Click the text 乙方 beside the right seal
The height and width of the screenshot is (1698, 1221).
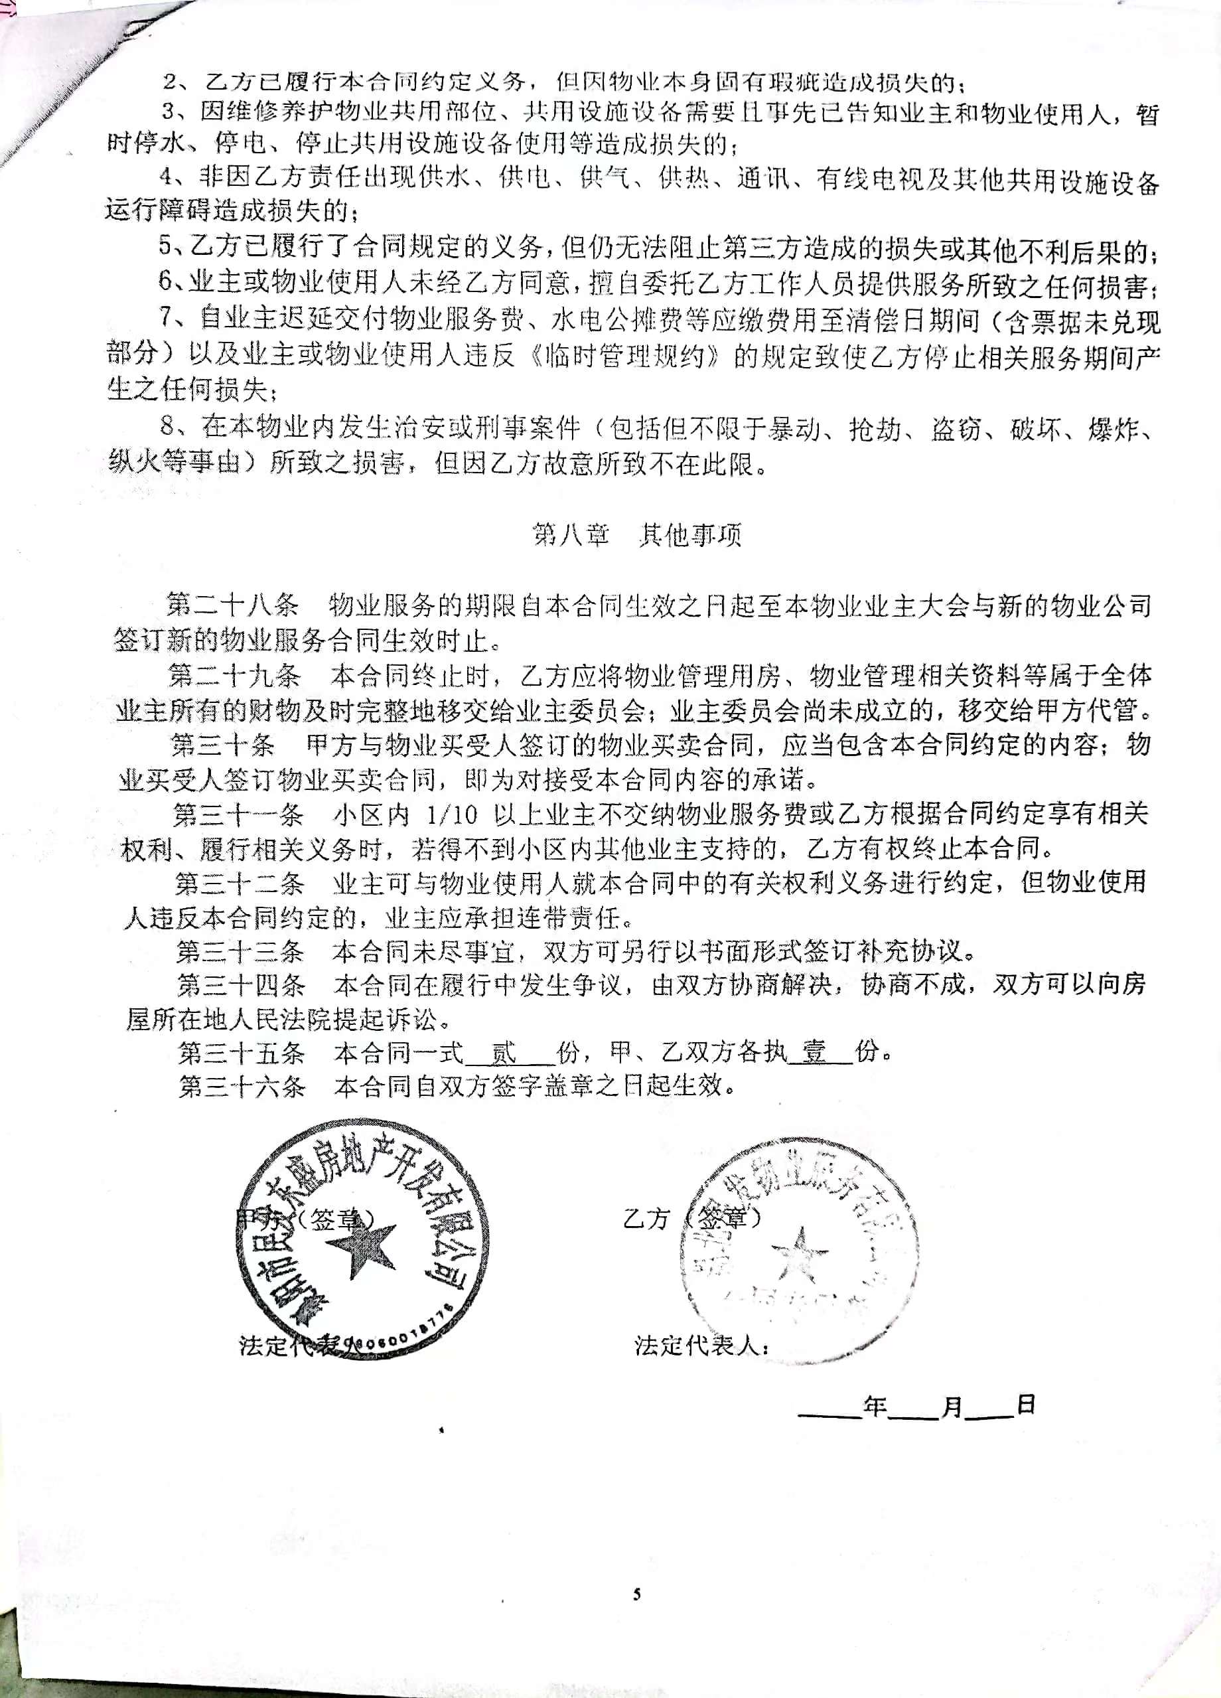(646, 1219)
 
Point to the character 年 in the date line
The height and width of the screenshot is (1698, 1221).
(875, 1407)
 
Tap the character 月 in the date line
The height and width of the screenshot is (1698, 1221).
(952, 1407)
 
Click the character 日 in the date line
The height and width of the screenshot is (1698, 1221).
(1026, 1405)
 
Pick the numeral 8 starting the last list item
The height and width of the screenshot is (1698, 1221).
(167, 426)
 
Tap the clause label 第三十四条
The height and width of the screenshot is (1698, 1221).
(241, 984)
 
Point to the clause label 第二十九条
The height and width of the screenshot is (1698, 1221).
(234, 676)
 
